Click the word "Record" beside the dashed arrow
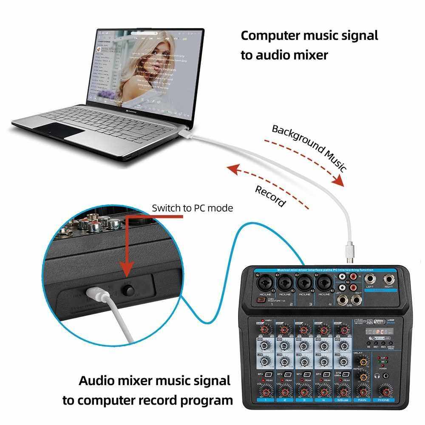[270, 196]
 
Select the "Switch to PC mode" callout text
[193, 208]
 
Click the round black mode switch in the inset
[128, 290]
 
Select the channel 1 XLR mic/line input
[263, 282]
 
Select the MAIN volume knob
[363, 391]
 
